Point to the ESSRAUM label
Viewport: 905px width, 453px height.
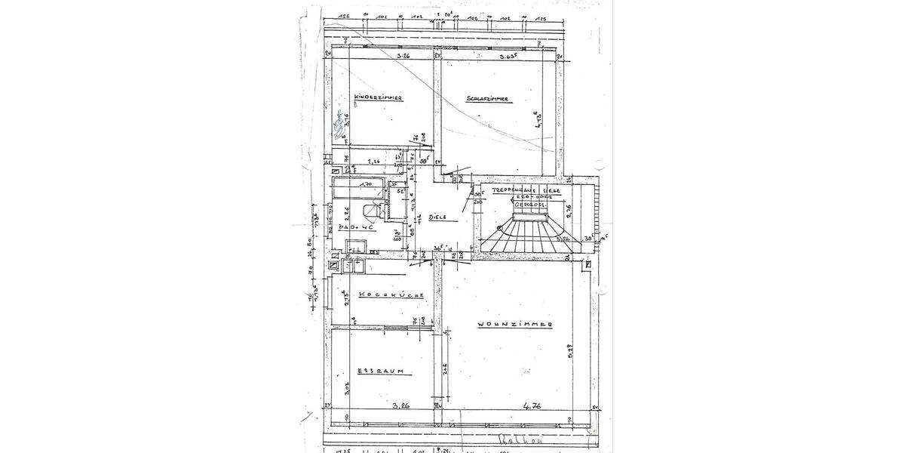382,371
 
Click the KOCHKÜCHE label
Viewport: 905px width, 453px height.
389,295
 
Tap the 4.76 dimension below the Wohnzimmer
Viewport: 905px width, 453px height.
533,406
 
